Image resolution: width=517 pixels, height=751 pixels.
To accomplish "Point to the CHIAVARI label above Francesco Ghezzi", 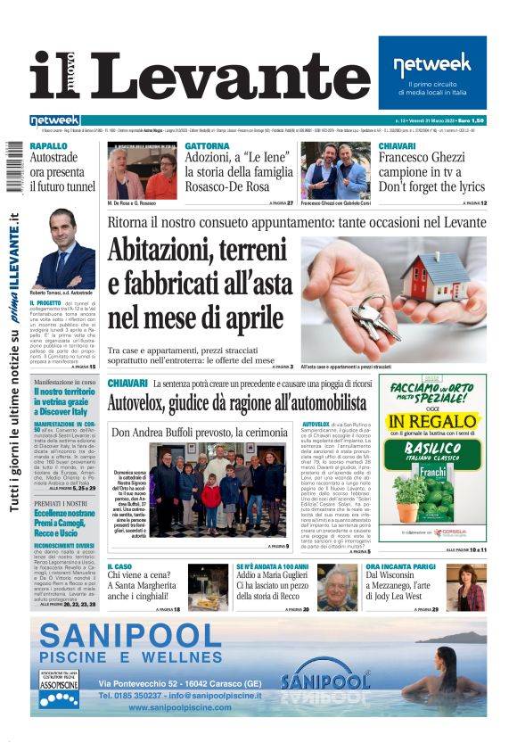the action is point(397,146).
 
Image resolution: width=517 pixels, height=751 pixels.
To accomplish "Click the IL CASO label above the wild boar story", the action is point(119,566).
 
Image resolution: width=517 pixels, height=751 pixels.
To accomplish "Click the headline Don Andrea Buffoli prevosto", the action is point(187,432).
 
